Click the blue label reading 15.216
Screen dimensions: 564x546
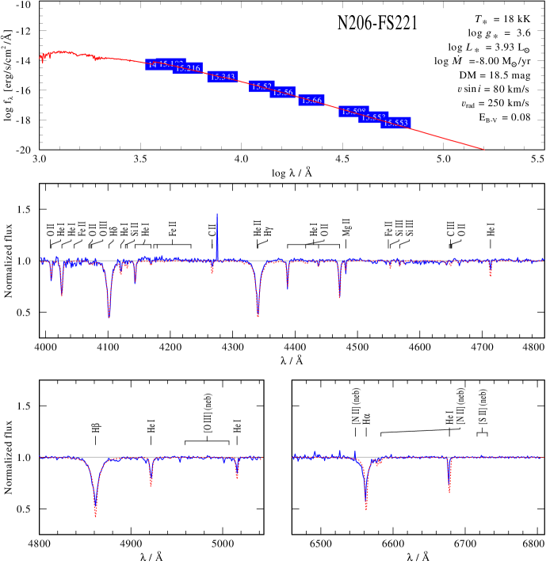pos(189,68)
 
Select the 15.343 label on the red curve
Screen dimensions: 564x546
pos(223,77)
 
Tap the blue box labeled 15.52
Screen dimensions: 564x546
pos(262,86)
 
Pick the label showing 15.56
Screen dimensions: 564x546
pos(283,93)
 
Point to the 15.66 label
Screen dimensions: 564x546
pos(311,101)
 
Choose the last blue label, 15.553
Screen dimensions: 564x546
pos(395,123)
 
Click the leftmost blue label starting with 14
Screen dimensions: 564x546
pos(151,64)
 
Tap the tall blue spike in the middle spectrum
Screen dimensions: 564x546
pos(217,226)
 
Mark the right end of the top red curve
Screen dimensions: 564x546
pos(483,149)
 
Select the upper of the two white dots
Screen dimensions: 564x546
pos(457,97)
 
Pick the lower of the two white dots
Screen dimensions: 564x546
pos(461,112)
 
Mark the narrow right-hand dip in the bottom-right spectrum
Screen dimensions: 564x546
pos(449,488)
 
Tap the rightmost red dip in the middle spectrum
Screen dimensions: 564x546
pos(491,273)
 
